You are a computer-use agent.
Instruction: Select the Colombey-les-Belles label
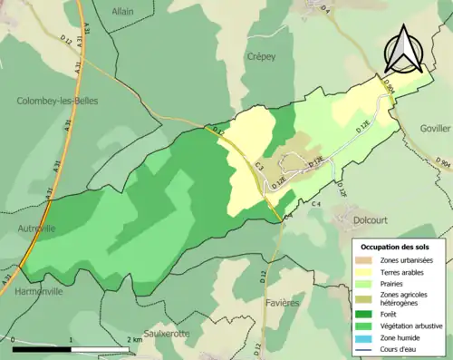[57, 102]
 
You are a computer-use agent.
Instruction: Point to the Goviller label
[435, 130]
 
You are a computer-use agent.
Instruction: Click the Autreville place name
[35, 229]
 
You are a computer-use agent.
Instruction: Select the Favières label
[283, 302]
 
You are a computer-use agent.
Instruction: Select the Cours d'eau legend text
[404, 351]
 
